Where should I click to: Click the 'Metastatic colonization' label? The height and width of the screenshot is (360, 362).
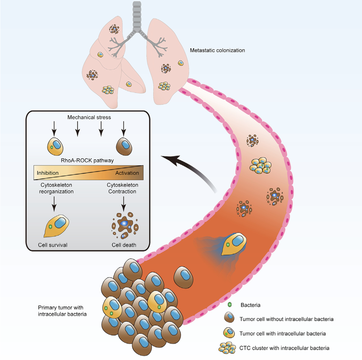click(217, 50)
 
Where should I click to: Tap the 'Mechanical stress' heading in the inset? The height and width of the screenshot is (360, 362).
click(89, 117)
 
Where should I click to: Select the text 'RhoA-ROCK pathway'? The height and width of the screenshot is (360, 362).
click(87, 161)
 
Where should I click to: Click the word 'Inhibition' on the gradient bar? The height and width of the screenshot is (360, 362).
click(48, 173)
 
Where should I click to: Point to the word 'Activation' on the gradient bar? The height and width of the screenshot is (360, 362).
click(127, 173)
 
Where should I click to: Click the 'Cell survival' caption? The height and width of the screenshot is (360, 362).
click(53, 245)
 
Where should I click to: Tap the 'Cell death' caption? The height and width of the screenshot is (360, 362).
click(124, 245)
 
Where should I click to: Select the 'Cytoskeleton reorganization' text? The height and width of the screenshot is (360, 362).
click(56, 188)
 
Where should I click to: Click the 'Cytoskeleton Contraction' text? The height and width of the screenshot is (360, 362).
click(122, 188)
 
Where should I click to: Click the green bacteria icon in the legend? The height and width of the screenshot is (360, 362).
click(230, 305)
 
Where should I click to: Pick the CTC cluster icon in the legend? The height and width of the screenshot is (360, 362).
click(227, 348)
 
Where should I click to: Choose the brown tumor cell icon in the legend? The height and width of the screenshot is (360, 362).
click(229, 318)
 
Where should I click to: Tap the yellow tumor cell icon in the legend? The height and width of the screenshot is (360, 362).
click(229, 333)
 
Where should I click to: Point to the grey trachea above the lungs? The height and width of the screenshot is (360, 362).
click(137, 16)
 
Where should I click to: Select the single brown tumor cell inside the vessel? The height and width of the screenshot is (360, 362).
click(183, 277)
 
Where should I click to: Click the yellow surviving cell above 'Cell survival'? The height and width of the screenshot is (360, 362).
click(56, 226)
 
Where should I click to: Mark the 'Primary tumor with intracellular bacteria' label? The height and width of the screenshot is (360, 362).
click(62, 311)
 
